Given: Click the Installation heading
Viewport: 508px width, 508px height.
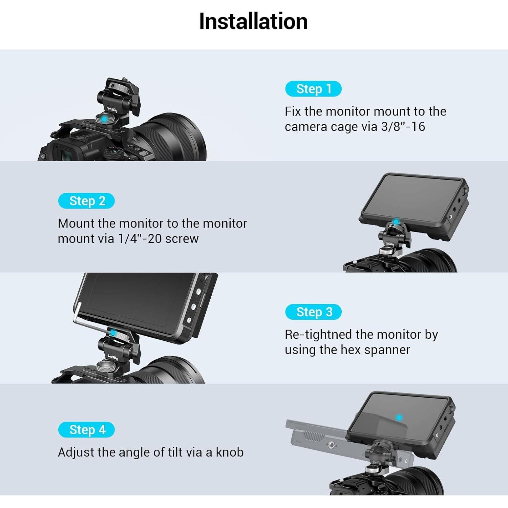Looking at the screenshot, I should click(x=253, y=21).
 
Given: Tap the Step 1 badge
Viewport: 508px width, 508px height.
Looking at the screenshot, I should click(x=313, y=89).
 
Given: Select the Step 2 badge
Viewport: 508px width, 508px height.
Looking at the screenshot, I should click(x=86, y=201).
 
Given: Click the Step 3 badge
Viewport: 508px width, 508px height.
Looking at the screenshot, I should click(x=313, y=312).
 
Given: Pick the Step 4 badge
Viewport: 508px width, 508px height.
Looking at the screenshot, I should click(x=86, y=430).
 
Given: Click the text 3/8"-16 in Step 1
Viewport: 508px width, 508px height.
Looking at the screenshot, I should click(x=403, y=127).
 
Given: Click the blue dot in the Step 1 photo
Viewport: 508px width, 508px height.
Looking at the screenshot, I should click(x=104, y=119).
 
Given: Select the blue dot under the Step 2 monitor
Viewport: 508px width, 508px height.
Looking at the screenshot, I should click(x=395, y=222).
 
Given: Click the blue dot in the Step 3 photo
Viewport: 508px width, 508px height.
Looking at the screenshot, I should click(x=113, y=333).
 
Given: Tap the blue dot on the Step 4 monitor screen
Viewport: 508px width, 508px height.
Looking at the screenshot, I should click(x=399, y=418).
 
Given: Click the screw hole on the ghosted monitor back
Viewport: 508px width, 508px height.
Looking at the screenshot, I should click(x=332, y=445).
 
